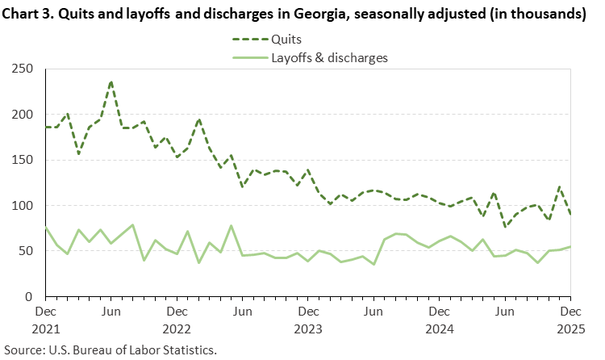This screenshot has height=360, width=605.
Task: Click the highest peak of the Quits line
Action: (x=111, y=82)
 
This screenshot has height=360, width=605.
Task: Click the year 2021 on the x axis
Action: (x=45, y=329)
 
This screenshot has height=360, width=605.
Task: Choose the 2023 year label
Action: (x=307, y=329)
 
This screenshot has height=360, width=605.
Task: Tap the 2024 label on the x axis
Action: (x=439, y=329)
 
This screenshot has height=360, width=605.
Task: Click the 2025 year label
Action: (x=570, y=329)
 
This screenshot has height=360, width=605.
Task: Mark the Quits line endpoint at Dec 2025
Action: (x=570, y=215)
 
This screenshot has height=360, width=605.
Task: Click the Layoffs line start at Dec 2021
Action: (x=46, y=228)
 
